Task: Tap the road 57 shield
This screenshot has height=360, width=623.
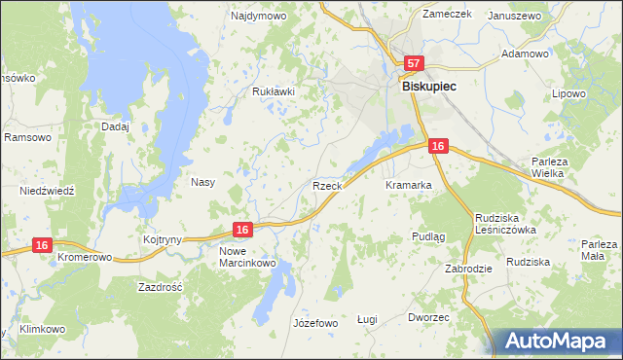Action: pos(414,63)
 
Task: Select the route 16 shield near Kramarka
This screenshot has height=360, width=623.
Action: pos(438,146)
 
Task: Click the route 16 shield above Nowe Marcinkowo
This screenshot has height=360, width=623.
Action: pos(243,229)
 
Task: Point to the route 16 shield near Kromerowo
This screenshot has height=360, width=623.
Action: pos(41,246)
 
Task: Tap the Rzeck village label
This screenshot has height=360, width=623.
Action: pos(326,185)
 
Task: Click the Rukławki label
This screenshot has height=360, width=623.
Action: pos(273,92)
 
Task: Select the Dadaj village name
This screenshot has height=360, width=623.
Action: pos(115,126)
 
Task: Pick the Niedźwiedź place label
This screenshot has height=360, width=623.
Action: pos(47,191)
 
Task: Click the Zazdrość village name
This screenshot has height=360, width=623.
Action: pos(162,289)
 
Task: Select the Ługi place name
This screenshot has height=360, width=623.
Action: pos(367,319)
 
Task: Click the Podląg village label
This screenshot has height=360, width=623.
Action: pos(428,236)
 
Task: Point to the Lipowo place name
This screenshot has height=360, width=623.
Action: pos(568,94)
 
